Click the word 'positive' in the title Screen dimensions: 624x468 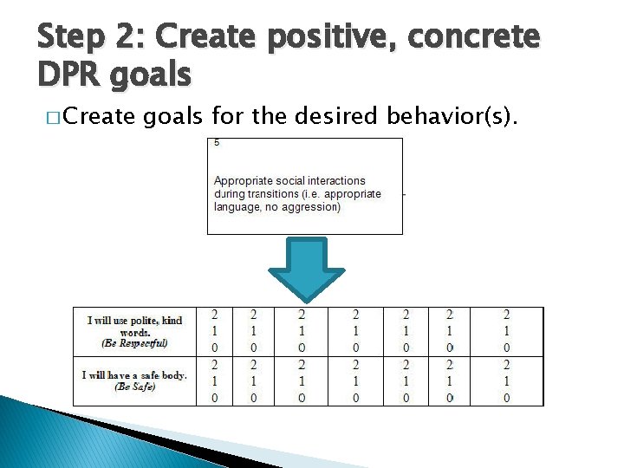tap(332, 37)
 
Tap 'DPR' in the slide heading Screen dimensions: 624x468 tap(68, 74)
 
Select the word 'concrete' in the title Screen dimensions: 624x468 tap(473, 36)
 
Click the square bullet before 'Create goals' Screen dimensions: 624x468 tap(53, 118)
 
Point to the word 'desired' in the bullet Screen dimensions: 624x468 tap(335, 116)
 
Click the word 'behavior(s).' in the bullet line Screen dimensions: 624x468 tap(452, 116)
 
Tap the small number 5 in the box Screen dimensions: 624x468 tap(217, 142)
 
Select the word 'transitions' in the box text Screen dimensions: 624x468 tap(273, 194)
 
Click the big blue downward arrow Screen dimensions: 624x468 tap(307, 270)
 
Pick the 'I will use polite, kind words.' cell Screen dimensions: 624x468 tap(135, 331)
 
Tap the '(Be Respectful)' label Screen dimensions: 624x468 tap(134, 343)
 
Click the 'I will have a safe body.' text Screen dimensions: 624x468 tap(134, 375)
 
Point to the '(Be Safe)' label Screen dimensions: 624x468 tap(134, 387)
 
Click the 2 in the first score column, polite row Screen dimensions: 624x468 tap(215, 315)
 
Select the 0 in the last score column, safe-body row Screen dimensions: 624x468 tap(507, 398)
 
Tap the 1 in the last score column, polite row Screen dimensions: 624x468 tap(507, 331)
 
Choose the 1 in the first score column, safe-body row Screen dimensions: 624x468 tap(215, 381)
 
